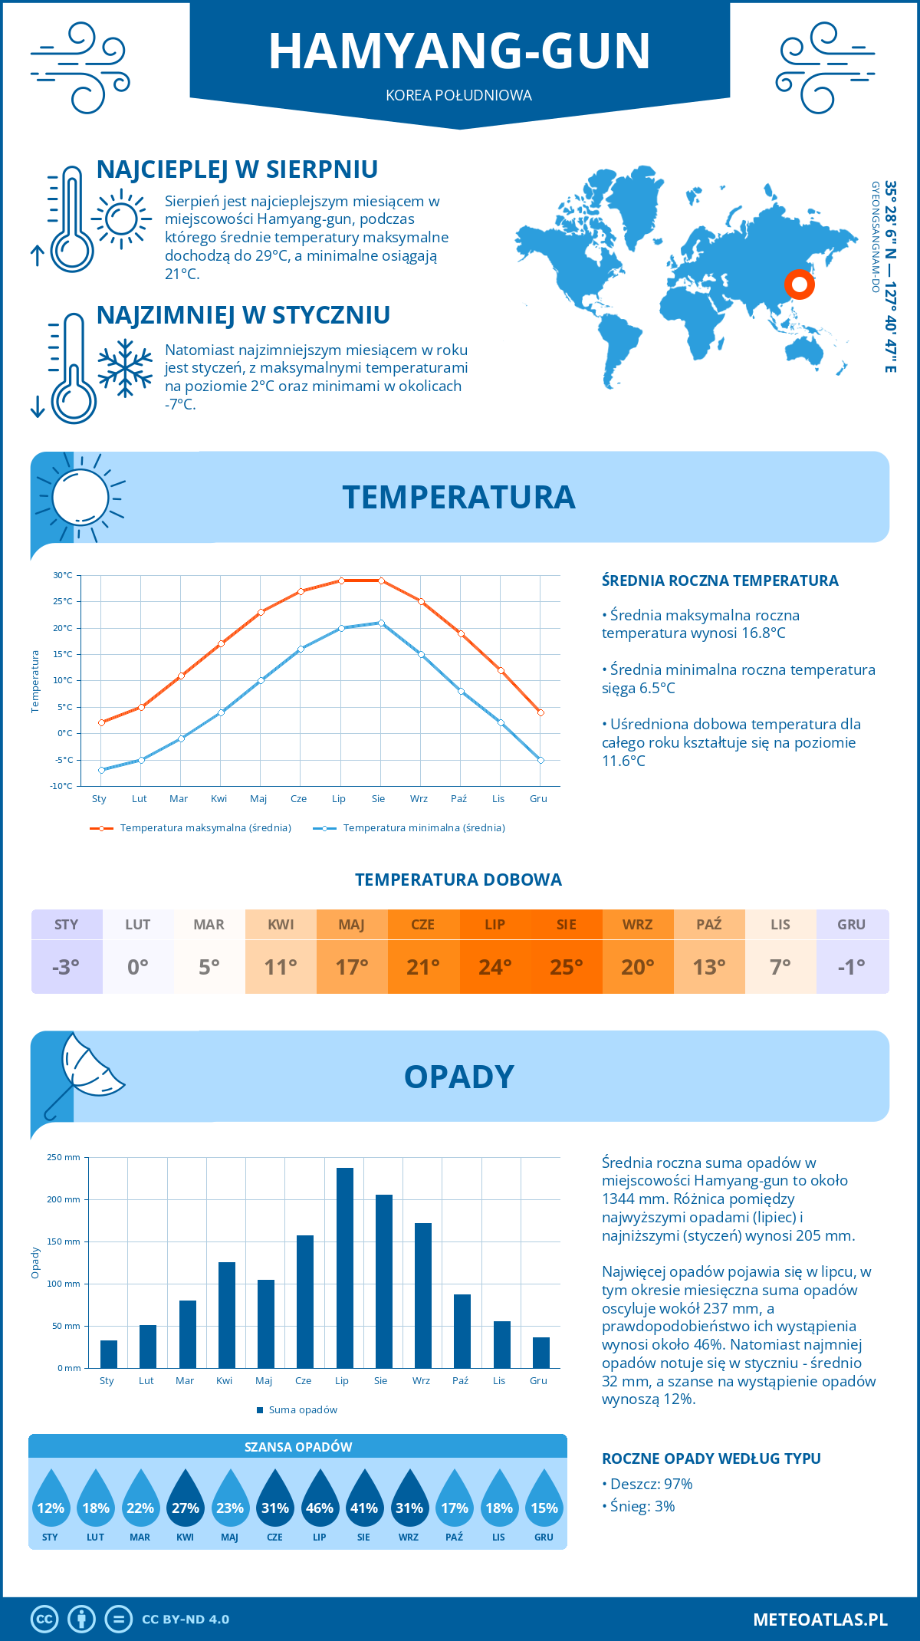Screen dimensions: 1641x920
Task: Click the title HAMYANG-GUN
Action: pyautogui.click(x=459, y=51)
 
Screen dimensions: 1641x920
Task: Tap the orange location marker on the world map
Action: pyautogui.click(x=799, y=284)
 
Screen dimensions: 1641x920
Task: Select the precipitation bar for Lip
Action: pyautogui.click(x=344, y=1268)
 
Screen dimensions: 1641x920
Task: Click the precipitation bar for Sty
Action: pyautogui.click(x=109, y=1354)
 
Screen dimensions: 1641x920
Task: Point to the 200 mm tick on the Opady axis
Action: pyautogui.click(x=64, y=1199)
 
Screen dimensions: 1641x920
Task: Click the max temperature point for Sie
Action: pyautogui.click(x=381, y=580)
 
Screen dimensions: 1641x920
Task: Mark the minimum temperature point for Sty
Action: pyautogui.click(x=101, y=770)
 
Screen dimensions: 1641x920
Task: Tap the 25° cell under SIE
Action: pyautogui.click(x=566, y=967)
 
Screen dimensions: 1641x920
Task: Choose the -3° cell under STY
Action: pyautogui.click(x=66, y=967)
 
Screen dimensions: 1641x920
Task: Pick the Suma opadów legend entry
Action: pyautogui.click(x=302, y=1410)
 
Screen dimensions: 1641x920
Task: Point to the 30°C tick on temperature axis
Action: pyautogui.click(x=63, y=575)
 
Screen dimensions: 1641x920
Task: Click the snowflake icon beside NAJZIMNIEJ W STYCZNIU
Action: pyautogui.click(x=125, y=368)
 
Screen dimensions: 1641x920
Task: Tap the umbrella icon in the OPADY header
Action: pyautogui.click(x=84, y=1070)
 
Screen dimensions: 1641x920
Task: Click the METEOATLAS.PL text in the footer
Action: pyautogui.click(x=820, y=1619)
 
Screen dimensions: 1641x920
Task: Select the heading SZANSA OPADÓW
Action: pyautogui.click(x=297, y=1447)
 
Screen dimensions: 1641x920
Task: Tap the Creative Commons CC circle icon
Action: pyautogui.click(x=44, y=1619)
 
